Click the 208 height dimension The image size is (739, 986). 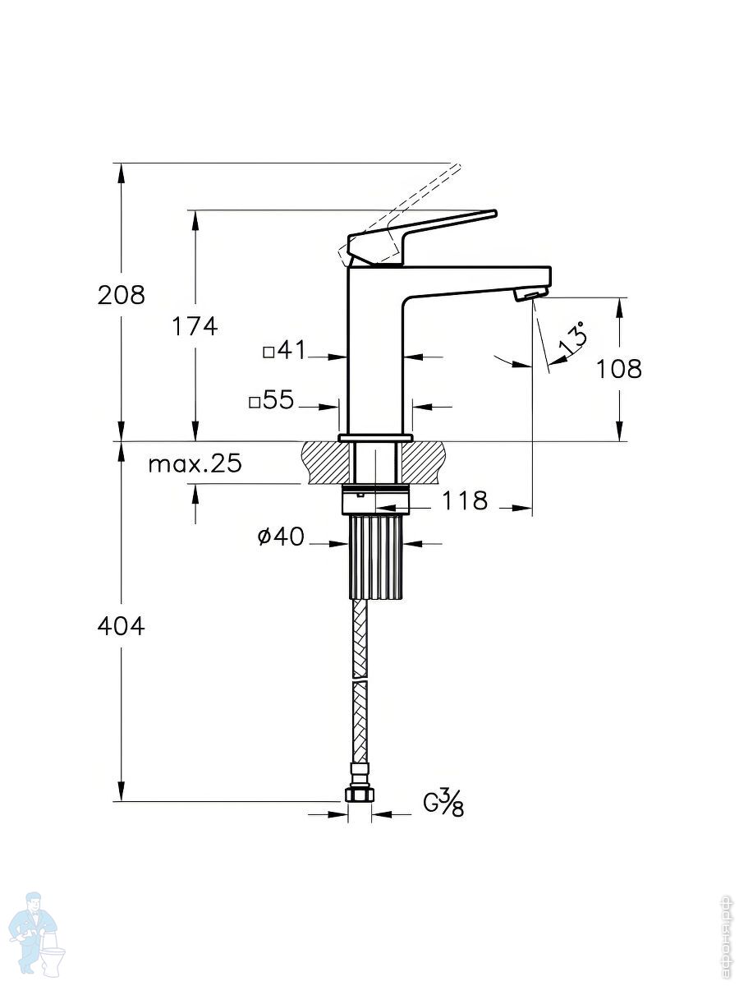pos(122,296)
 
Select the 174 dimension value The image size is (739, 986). pos(195,326)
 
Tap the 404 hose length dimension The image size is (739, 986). pos(122,626)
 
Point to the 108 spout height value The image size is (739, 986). pos(619,369)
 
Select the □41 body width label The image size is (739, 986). pos(284,350)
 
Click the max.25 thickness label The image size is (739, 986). pos(195,463)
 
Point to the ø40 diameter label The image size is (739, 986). pos(282,536)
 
